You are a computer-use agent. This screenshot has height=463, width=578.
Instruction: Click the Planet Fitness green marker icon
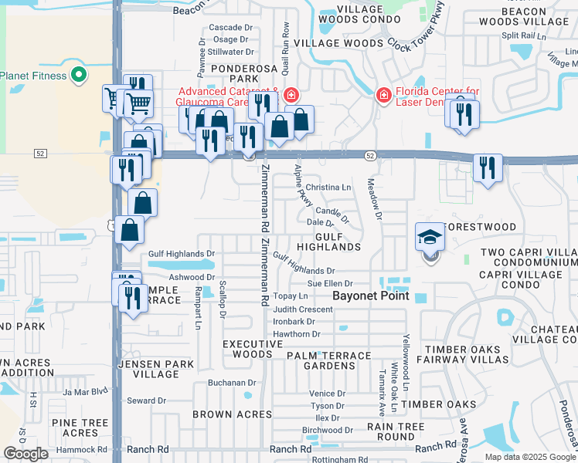point(78,76)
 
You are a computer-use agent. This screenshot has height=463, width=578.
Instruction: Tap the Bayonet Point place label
point(370,296)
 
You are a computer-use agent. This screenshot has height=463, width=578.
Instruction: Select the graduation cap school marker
point(430,237)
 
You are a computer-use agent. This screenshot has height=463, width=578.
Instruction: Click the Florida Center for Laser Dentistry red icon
point(382,96)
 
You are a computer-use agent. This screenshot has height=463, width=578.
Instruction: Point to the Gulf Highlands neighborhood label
point(338,241)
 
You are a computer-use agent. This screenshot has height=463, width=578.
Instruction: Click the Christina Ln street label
point(328,188)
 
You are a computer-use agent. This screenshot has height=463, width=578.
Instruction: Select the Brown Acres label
point(231,414)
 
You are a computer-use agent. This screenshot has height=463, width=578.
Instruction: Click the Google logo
point(26,454)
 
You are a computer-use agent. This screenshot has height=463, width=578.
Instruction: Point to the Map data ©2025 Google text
point(529,457)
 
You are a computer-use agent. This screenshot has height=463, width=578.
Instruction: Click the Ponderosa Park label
point(232,73)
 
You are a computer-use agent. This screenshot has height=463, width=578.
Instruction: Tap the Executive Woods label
point(247,349)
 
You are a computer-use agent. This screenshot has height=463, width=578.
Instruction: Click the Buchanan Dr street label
point(231,383)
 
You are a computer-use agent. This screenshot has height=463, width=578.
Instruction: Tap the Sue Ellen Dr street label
point(330,284)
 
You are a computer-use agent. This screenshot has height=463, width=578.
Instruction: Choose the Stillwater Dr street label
point(230,52)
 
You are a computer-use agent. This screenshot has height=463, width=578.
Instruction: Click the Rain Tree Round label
point(396,431)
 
